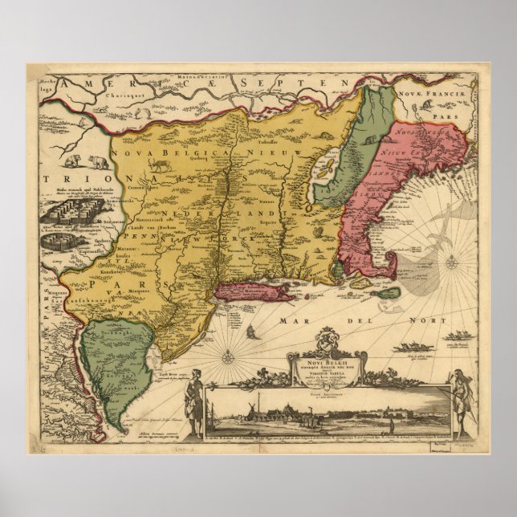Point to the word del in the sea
(x=349, y=320)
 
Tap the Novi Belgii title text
(x=327, y=364)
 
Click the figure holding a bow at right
(x=461, y=398)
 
